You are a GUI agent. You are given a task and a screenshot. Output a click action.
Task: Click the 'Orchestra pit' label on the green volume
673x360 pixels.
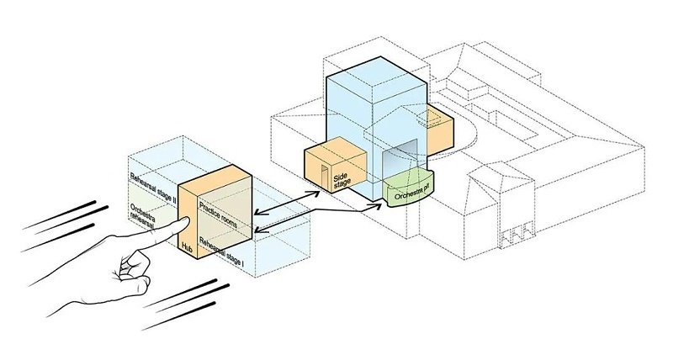(x=406, y=190)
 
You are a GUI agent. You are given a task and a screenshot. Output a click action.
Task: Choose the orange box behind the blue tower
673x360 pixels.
(x=440, y=126)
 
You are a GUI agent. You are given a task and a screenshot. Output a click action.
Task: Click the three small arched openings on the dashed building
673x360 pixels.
(x=517, y=235)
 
